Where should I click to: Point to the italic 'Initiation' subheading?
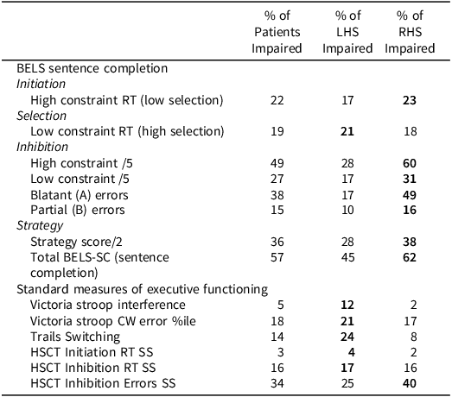point(41,84)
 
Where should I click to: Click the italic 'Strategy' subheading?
point(39,224)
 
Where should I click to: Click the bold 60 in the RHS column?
point(421,163)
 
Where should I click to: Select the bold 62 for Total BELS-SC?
point(421,255)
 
